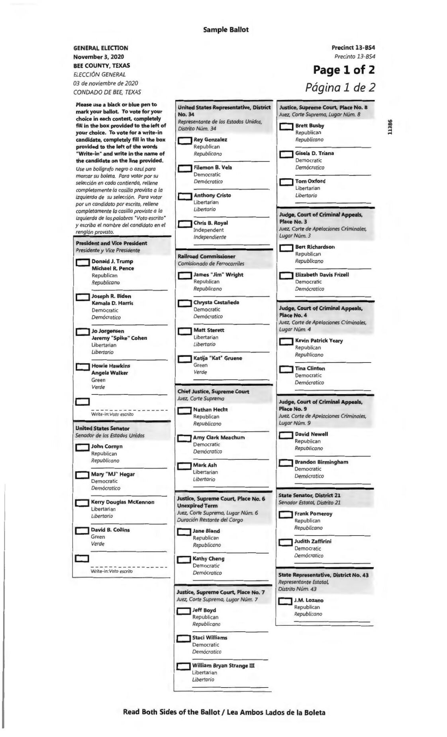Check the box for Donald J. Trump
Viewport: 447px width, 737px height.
tap(82, 262)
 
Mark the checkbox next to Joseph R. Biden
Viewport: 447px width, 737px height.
tap(82, 297)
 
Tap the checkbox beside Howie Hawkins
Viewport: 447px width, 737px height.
tap(82, 367)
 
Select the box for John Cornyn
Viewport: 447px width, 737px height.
tap(82, 447)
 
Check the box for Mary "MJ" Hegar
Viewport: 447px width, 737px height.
tap(82, 475)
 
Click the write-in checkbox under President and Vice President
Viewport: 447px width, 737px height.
tap(82, 402)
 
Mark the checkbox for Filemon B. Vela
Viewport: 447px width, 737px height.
tap(184, 169)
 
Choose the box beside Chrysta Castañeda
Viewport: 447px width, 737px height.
tap(184, 303)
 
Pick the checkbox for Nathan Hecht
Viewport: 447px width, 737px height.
tap(184, 411)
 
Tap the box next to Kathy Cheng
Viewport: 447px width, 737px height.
tap(184, 560)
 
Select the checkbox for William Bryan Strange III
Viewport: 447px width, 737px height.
tap(183, 666)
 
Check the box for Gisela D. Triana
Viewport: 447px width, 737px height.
tap(286, 154)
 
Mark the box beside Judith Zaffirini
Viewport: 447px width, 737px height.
tap(285, 543)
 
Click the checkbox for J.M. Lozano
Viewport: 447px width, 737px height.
tap(285, 601)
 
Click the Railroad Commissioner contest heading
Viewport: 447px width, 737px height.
tap(206, 256)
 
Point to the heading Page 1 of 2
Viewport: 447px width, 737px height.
tap(344, 70)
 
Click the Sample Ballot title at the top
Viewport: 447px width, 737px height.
tap(225, 30)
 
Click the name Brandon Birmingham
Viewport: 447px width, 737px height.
tap(321, 462)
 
